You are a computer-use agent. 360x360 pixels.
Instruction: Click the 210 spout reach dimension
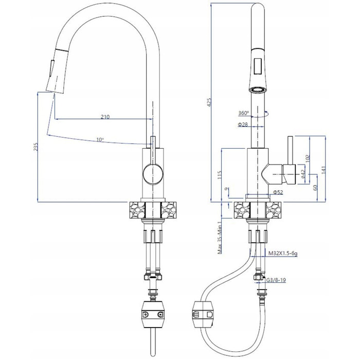[x=105, y=117]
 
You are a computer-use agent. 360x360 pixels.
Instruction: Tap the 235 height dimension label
[x=35, y=147]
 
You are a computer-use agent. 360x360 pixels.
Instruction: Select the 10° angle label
[x=100, y=139]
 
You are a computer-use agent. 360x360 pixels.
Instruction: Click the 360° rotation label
[x=243, y=113]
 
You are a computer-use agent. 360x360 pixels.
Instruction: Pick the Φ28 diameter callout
[x=243, y=124]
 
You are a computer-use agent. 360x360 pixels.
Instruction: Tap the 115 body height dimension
[x=219, y=175]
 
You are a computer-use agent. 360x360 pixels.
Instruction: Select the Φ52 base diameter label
[x=278, y=192]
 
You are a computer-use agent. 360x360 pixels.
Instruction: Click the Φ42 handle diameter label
[x=302, y=174]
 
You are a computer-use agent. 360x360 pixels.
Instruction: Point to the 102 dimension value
[x=308, y=158]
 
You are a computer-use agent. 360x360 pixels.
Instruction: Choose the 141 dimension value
[x=323, y=170]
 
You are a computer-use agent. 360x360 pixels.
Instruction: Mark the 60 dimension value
[x=315, y=188]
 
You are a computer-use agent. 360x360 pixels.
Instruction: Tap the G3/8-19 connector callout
[x=276, y=280]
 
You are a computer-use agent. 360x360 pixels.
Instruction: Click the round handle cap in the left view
[x=153, y=174]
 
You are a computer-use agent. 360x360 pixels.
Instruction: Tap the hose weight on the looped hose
[x=204, y=314]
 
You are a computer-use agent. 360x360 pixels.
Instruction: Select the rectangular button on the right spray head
[x=258, y=66]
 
